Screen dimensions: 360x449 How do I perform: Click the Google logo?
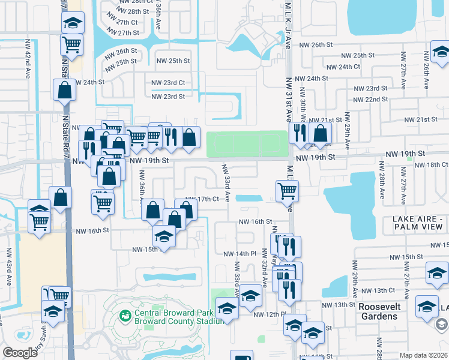coord(20,353)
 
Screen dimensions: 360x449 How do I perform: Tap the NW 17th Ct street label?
coord(202,199)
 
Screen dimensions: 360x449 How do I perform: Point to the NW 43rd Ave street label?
coord(9,266)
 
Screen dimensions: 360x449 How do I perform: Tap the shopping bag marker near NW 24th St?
coord(64,91)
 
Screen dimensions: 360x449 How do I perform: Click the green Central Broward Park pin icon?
coord(125,315)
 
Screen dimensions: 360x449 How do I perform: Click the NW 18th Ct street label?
coord(431,164)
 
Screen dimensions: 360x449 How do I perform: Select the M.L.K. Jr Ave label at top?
coord(288,24)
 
